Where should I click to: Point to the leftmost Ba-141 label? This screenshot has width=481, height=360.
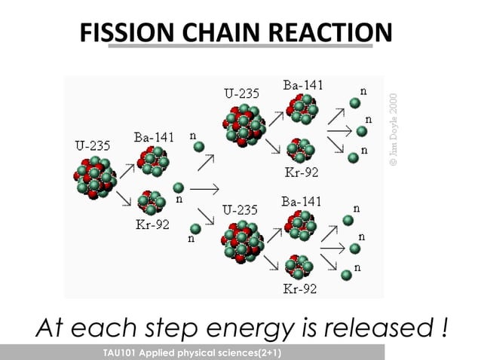(153, 138)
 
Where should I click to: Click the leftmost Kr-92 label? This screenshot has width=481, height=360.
(152, 225)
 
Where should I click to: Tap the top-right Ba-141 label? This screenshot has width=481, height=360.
(303, 85)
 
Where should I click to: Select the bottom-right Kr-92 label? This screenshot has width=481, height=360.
(301, 288)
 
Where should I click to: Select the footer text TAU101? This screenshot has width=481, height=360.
(125, 352)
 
